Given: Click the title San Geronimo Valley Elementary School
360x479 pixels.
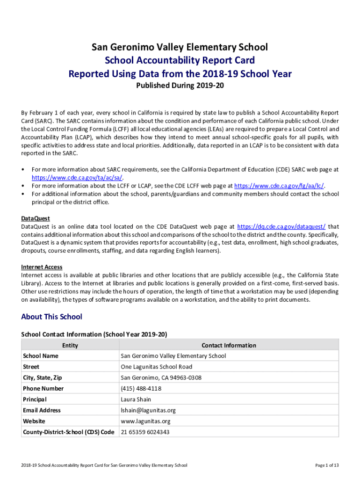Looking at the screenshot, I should click(180, 47).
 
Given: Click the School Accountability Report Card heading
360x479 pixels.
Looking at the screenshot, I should click(180, 60).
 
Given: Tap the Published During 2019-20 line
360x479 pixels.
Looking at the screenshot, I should click(180, 86).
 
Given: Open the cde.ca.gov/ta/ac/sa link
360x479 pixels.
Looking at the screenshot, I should click(77, 178).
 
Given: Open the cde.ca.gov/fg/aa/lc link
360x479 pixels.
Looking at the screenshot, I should click(279, 186).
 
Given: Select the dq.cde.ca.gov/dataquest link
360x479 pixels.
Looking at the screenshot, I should click(281, 226).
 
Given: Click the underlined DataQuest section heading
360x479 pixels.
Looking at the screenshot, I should click(36, 218).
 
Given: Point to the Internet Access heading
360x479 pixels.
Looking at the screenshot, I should click(42, 267).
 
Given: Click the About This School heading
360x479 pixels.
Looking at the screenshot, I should click(51, 317).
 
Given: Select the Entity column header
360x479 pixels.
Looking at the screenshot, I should click(70, 345).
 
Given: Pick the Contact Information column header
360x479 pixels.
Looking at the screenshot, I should click(229, 345).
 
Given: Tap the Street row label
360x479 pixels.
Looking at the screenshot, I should click(31, 367).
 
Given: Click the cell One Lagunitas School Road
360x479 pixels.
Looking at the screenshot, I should click(156, 367).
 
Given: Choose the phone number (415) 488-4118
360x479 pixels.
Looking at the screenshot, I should click(141, 388).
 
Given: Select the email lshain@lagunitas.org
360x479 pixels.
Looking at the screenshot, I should click(148, 410).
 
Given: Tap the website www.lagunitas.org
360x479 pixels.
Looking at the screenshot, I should click(145, 421).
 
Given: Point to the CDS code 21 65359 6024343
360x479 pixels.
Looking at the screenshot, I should click(145, 432).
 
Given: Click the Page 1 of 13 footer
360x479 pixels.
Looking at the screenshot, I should click(327, 465).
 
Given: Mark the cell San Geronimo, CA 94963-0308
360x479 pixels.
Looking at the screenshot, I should click(161, 377).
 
